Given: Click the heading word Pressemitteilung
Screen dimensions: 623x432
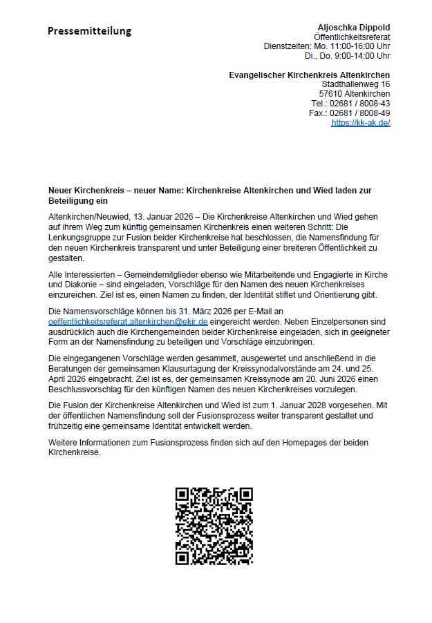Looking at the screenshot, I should (x=89, y=31).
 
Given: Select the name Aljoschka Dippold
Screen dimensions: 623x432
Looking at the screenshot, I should (x=353, y=26).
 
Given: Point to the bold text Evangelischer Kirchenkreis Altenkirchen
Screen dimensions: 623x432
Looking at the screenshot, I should (x=309, y=75).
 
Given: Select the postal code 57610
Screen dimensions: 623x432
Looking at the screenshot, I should (x=330, y=94).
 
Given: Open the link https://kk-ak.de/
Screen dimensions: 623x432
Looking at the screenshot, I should (x=361, y=123).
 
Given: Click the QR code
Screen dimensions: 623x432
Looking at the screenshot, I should (x=214, y=526).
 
